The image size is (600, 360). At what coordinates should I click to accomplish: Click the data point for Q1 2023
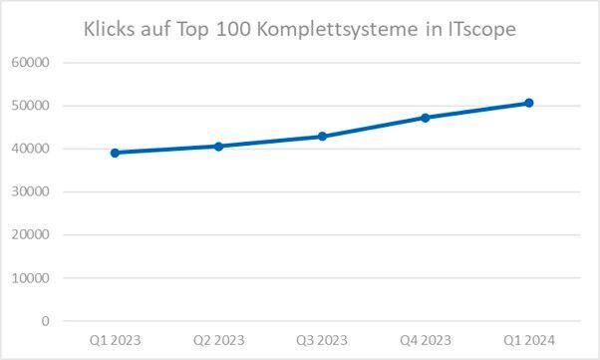[115, 153]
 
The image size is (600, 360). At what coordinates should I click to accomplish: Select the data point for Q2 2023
[218, 146]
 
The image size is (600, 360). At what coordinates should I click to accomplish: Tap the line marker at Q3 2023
[322, 136]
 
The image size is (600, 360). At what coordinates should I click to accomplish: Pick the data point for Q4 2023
[426, 118]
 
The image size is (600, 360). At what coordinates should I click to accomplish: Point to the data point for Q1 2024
[529, 103]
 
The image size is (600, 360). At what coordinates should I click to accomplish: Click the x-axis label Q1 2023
[115, 340]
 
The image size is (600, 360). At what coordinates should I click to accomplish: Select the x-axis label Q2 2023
[218, 340]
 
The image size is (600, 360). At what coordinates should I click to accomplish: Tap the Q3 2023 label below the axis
[322, 340]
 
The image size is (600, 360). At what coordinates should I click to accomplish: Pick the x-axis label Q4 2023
[426, 340]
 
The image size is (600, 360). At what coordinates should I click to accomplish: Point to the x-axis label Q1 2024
[529, 340]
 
